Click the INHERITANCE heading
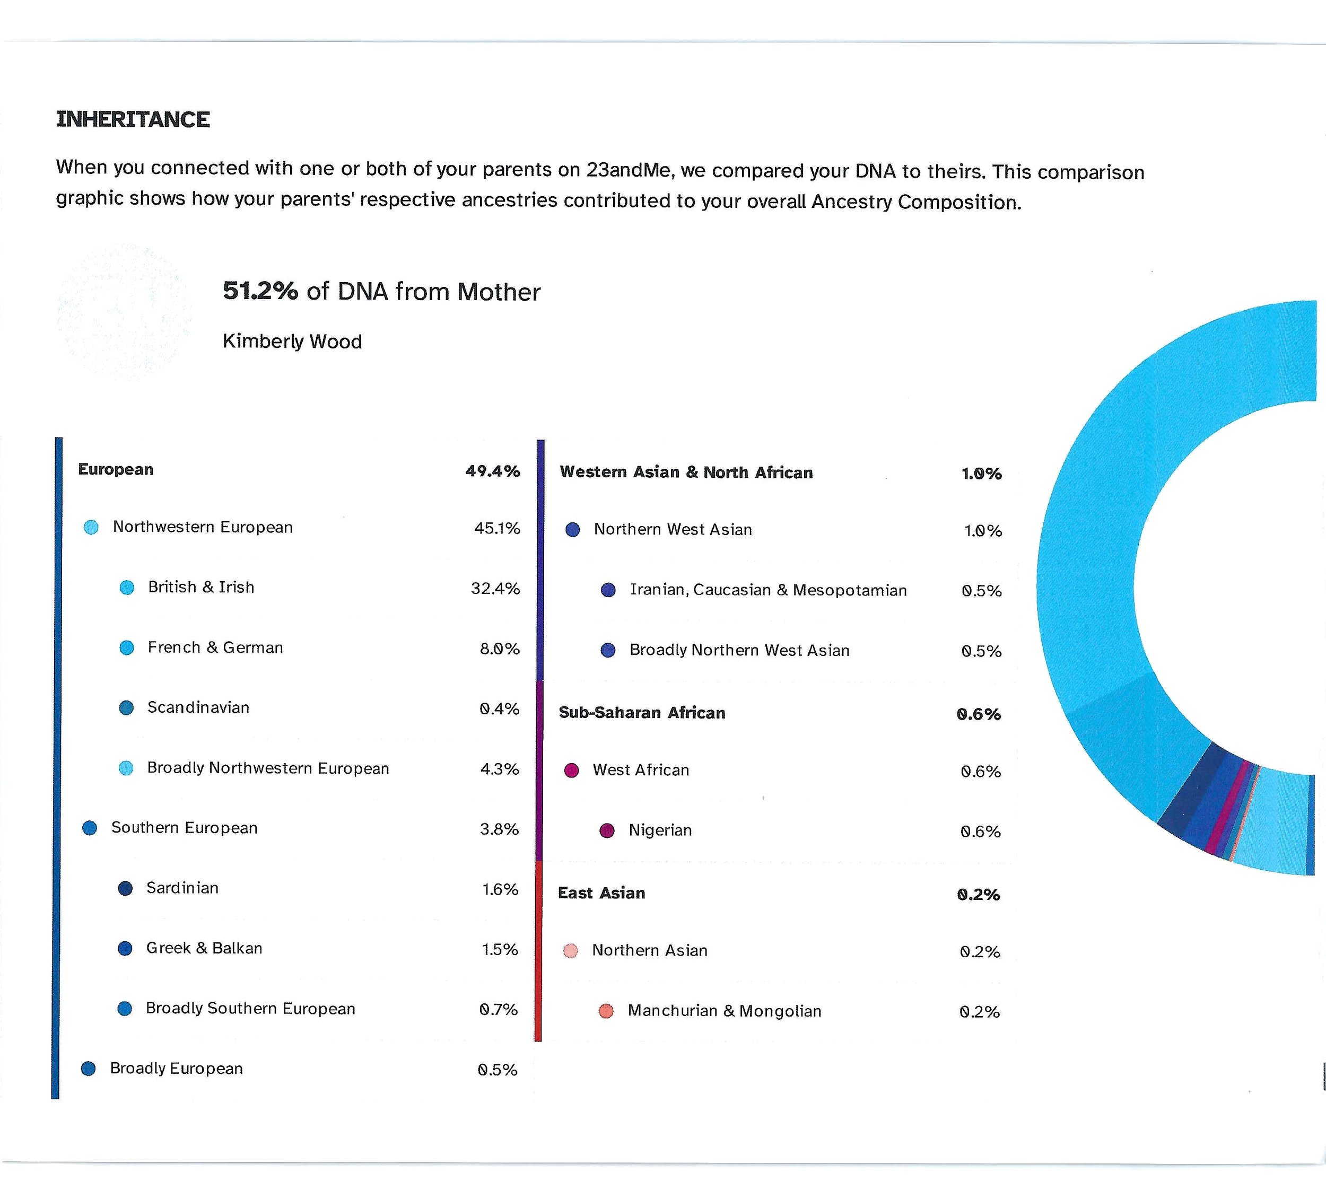[133, 120]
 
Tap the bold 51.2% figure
[260, 291]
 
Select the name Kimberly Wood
[292, 342]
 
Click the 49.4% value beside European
[493, 471]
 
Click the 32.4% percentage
[495, 588]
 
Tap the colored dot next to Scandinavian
[126, 708]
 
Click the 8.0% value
[499, 649]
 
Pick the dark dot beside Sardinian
[125, 889]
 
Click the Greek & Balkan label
[204, 948]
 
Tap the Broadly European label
[176, 1068]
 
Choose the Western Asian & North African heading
[686, 472]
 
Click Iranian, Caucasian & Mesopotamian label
[768, 590]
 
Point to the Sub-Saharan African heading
[642, 713]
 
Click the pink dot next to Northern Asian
[571, 951]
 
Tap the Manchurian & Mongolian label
[724, 1011]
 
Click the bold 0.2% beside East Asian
[978, 895]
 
